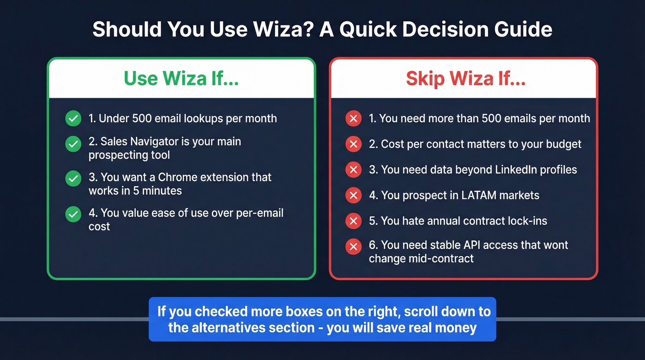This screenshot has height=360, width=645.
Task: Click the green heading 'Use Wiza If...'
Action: point(181,78)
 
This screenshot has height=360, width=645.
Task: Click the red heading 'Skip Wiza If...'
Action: point(465,78)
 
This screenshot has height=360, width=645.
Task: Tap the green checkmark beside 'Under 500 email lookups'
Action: point(73,118)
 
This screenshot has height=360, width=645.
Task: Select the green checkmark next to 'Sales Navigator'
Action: point(73,144)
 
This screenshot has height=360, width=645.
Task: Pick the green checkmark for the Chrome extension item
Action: point(73,178)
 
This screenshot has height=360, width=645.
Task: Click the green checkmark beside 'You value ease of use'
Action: point(73,214)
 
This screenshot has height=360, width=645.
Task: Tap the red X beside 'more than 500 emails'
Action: point(353,119)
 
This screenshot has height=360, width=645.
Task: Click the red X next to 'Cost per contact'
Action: point(353,145)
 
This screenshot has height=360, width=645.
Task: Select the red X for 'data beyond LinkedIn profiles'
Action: point(353,170)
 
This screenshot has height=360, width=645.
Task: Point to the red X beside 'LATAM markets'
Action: point(353,195)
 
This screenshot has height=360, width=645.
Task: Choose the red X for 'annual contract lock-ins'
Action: point(353,221)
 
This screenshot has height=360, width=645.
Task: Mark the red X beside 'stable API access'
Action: point(353,247)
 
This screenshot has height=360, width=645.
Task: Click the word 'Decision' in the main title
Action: point(431,30)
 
